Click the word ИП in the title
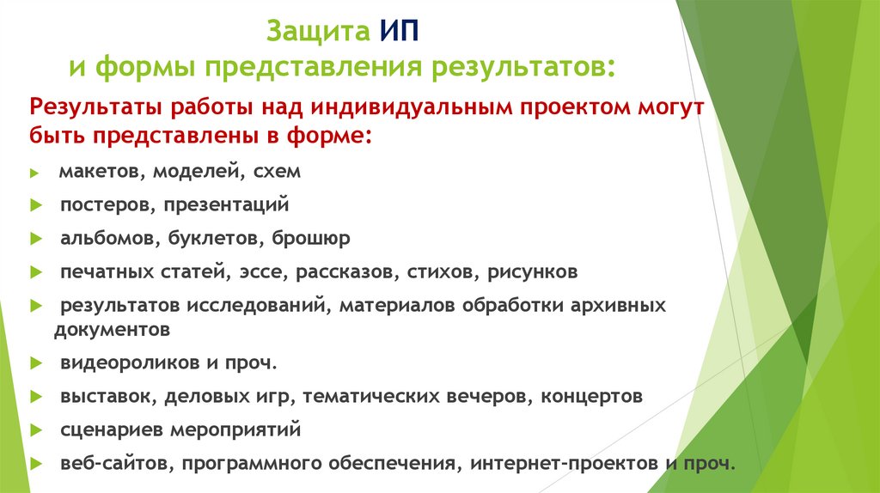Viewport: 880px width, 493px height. (x=397, y=32)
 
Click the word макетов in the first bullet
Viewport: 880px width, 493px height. (x=102, y=172)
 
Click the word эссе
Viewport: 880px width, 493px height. (x=266, y=272)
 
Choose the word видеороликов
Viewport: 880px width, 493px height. (x=129, y=362)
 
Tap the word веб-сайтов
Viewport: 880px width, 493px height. (x=107, y=462)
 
